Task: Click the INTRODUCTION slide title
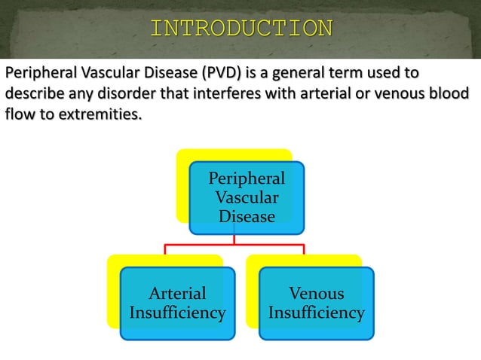[x=241, y=29]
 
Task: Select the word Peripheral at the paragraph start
[x=38, y=74]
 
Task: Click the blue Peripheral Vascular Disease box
[x=247, y=197]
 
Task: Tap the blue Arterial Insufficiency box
[x=177, y=303]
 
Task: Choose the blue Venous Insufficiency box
[x=316, y=303]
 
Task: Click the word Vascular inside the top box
[x=247, y=198]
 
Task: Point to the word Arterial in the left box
[x=177, y=294]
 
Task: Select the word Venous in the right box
[x=317, y=294]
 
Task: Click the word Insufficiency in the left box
[x=177, y=313]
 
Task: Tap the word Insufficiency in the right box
[x=317, y=313]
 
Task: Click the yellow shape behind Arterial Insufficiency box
[x=113, y=294]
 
